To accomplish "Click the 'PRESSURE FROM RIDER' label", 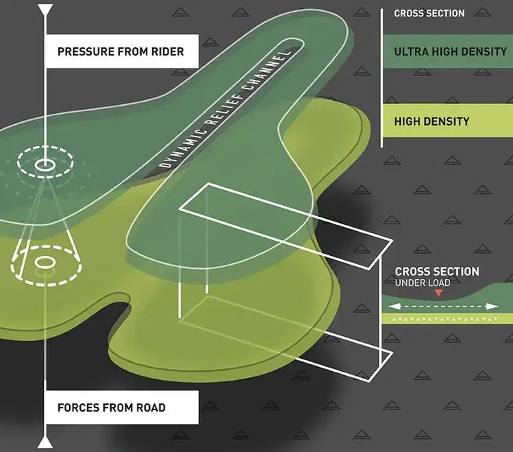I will tap(121, 51).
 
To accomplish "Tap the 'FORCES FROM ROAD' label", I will tap(112, 407).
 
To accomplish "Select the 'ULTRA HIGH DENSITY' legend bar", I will tap(447, 51).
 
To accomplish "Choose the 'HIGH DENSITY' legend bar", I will tap(447, 121).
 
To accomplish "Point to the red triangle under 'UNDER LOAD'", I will tap(439, 294).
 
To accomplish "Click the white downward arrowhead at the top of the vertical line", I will tap(45, 10).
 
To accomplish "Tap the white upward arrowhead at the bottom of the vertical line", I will tap(45, 440).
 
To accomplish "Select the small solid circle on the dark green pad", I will tap(45, 165).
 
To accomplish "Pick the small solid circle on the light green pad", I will tap(45, 262).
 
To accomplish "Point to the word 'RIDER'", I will tap(167, 51).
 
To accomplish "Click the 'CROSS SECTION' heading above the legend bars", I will tap(429, 13).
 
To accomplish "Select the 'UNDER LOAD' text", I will tap(423, 283).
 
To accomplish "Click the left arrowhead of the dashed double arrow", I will tap(390, 307).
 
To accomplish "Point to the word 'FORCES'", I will tap(79, 407).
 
